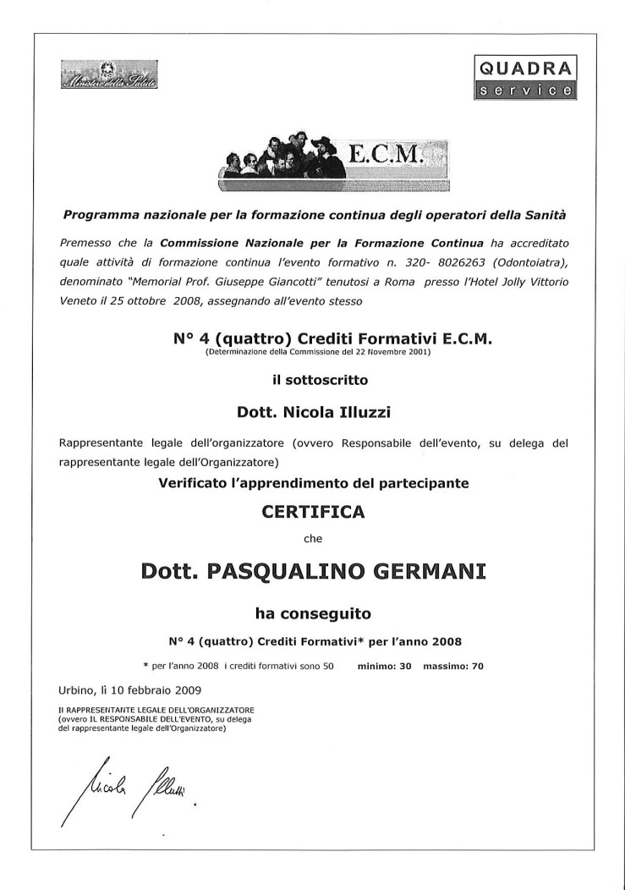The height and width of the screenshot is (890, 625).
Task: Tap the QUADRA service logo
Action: (524, 77)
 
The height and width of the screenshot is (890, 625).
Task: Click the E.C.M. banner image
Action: (332, 156)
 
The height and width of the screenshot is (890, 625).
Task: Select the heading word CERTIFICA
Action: (313, 512)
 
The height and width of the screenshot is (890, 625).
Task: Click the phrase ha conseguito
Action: (313, 611)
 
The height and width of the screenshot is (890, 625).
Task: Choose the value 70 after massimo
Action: (477, 666)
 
